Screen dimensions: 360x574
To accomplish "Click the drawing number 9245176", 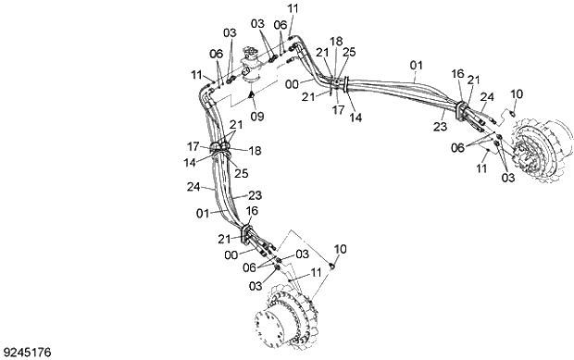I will [27, 352].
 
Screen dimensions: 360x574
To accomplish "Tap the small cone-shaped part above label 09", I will [253, 95].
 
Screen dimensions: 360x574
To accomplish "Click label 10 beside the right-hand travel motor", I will [517, 93].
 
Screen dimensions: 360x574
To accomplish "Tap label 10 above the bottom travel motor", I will [340, 249].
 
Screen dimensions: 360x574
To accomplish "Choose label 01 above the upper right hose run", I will [416, 65].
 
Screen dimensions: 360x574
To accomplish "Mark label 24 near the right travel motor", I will [488, 95].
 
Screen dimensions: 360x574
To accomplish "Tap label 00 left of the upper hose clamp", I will [292, 83].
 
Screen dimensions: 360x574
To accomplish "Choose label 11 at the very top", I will [293, 8].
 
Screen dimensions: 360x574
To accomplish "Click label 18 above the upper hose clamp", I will [336, 42].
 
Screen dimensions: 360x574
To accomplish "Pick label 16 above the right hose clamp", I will [458, 72].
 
